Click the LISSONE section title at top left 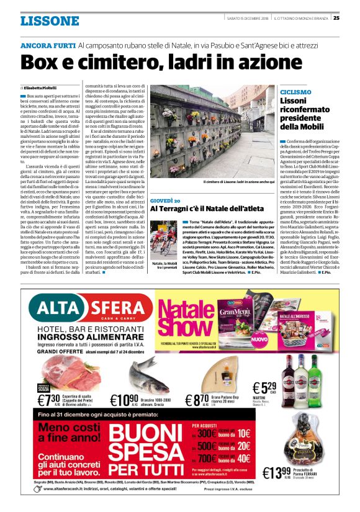tap(50, 21)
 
